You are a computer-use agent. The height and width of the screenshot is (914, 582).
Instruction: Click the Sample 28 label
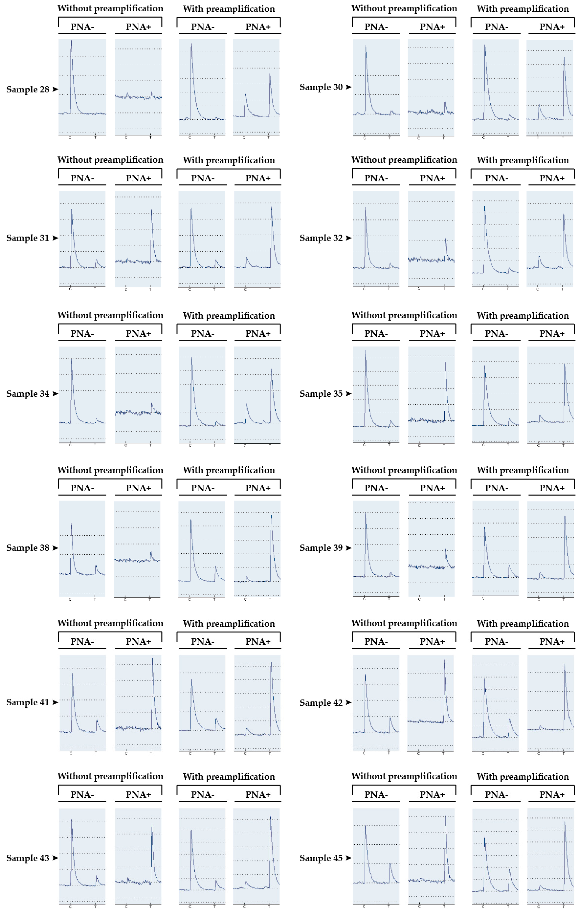coord(27,90)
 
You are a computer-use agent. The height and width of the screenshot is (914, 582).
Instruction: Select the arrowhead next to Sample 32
coord(348,238)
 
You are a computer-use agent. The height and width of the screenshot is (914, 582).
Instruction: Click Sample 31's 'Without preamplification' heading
coord(110,160)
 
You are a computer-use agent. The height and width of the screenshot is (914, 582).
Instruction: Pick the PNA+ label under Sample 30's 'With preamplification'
coord(552,27)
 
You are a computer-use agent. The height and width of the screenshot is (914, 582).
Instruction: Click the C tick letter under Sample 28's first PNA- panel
coord(70,137)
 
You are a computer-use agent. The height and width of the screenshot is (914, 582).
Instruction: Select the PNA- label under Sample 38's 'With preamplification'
coord(203,488)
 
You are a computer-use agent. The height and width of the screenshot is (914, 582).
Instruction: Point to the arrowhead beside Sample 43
coord(55,858)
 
